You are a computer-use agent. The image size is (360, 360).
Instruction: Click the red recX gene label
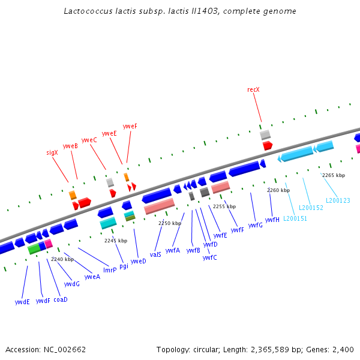point(253,89)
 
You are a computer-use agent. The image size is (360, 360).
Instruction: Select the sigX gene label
point(52,152)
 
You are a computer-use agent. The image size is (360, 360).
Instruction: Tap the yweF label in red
point(130,127)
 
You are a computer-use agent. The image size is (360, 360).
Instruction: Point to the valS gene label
point(155,254)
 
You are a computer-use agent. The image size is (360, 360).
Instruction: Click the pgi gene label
point(124,266)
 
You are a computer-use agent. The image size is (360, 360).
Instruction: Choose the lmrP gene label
point(110,270)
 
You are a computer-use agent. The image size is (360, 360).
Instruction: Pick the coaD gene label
point(61,299)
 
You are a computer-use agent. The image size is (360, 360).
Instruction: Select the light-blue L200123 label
point(338,200)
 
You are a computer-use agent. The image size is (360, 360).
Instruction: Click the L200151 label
point(295,218)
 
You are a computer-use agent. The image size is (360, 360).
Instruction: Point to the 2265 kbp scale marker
point(334,175)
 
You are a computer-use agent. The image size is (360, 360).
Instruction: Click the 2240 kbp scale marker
point(62,259)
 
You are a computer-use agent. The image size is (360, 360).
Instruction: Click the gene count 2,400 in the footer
point(345,349)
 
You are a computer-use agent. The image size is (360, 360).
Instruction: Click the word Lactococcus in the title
point(86,11)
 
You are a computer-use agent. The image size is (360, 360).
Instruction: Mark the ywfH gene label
point(272,220)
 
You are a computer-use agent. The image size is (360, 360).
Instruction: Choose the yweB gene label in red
point(70,146)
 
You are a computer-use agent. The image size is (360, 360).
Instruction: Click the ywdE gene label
point(22,302)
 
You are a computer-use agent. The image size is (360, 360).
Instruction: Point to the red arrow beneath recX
point(268,145)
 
